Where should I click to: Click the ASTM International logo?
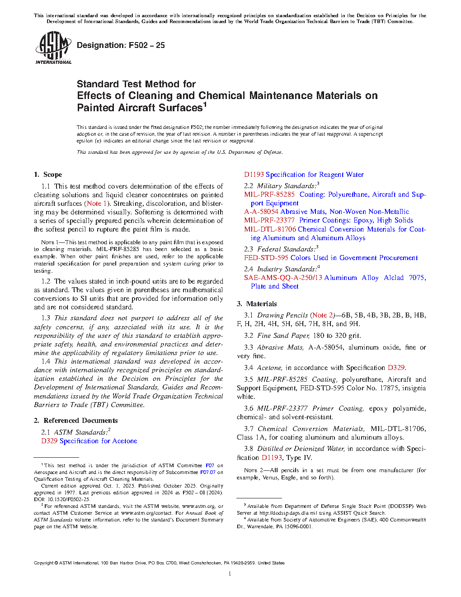click(53, 47)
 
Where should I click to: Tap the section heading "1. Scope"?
click(48, 175)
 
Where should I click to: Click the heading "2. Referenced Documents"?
click(76, 421)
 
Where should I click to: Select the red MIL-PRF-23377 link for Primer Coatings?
click(269, 220)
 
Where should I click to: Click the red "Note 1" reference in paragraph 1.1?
click(97, 204)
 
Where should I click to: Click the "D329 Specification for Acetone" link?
click(89, 441)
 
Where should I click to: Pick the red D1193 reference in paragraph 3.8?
click(272, 458)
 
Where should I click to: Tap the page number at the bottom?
click(230, 574)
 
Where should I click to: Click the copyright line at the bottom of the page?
click(159, 563)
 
